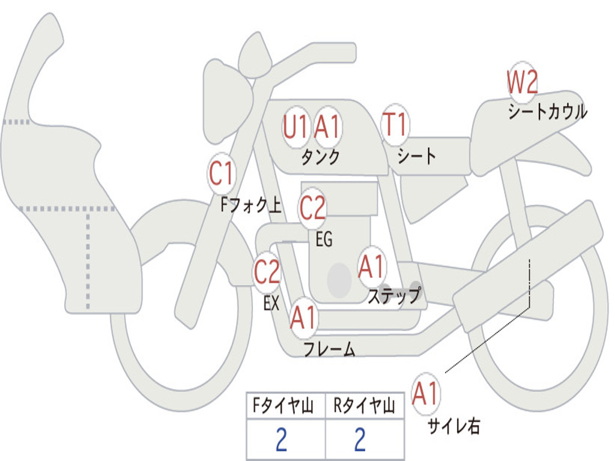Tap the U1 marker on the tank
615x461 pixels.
(x=295, y=126)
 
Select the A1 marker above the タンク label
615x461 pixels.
(x=327, y=126)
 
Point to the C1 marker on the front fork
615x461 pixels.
(x=222, y=173)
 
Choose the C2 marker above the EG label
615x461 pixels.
(x=312, y=208)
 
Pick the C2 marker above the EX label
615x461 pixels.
(x=267, y=271)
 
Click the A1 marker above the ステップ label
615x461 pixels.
(x=371, y=267)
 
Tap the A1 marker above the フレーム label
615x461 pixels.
(x=303, y=317)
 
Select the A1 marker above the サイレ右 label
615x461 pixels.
(x=426, y=393)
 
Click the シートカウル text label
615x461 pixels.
(x=548, y=111)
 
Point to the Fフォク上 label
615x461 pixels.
(x=251, y=205)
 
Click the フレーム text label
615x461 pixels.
(x=330, y=349)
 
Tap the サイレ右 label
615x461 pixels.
(x=454, y=426)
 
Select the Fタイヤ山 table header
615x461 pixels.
(x=283, y=405)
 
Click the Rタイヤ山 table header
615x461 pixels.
(x=365, y=405)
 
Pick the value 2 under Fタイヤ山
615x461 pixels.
(x=281, y=439)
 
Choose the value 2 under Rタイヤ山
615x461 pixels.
(x=360, y=439)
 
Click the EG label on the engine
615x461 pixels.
(x=324, y=239)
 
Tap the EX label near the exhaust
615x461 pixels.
(x=271, y=303)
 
